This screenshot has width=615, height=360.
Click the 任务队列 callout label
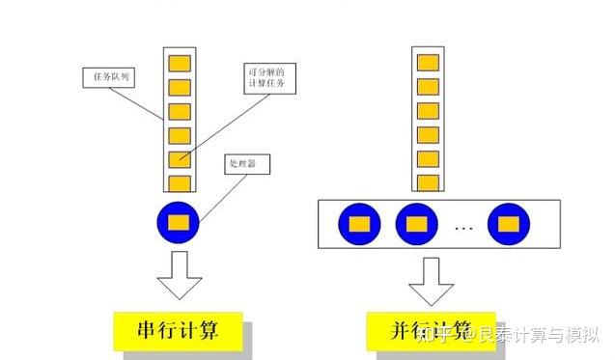(107, 74)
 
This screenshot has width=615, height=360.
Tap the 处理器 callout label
(245, 164)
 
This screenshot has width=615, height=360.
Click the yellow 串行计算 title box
(177, 331)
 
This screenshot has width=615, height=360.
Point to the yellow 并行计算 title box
(431, 331)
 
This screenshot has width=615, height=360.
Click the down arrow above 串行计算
(180, 274)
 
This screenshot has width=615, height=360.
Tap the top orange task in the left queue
(180, 64)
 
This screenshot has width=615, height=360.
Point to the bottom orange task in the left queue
(180, 183)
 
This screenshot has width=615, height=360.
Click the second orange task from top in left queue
(180, 88)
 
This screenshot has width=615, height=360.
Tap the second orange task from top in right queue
(427, 87)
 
